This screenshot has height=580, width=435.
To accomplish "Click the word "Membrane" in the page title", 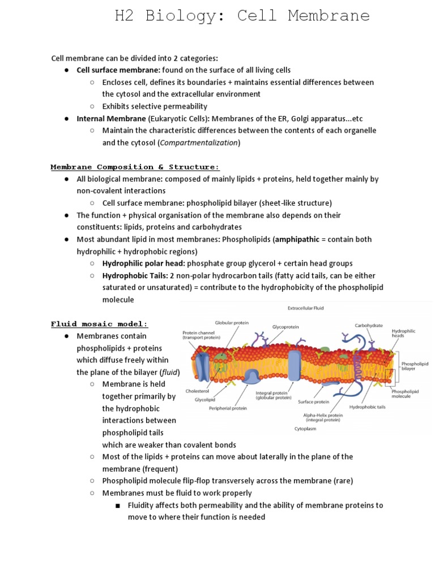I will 329,15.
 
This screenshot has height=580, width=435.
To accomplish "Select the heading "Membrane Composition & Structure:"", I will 135,167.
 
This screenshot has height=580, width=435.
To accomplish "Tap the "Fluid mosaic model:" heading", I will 99,324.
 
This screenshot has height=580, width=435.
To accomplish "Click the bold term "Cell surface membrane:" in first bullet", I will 118,70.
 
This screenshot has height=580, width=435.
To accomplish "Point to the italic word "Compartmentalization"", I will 199,143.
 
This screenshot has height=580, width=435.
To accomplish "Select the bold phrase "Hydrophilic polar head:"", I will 143,263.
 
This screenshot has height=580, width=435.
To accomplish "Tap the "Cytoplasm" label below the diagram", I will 305,429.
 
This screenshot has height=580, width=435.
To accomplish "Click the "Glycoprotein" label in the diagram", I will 285,327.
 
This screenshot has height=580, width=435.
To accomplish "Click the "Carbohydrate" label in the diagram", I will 369,326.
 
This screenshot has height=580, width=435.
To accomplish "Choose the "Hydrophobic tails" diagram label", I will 367,406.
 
